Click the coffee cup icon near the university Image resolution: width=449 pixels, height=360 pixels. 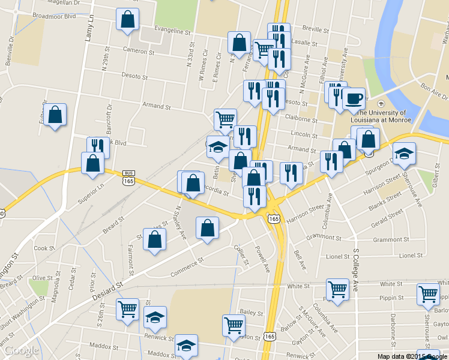pos(354,98)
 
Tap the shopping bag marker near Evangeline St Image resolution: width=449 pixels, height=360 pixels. pos(128,20)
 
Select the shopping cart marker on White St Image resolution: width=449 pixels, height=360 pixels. pos(338,289)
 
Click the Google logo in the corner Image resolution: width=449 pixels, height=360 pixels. pos(21,350)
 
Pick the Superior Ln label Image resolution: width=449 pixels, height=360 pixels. pos(91,193)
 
